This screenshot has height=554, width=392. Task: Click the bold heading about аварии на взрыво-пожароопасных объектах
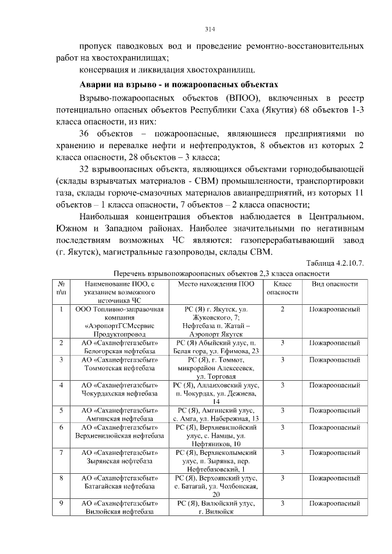(x=179, y=84)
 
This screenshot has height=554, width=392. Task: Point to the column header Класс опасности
(x=282, y=288)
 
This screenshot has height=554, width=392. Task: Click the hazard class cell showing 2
(x=282, y=310)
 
